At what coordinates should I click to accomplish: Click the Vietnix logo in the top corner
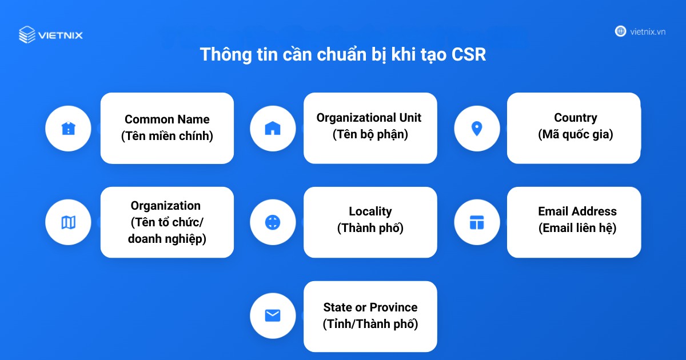coord(50,35)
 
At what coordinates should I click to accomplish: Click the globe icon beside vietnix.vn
coord(620,31)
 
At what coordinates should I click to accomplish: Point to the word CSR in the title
coord(468,55)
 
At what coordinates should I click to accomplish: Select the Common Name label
coord(167,119)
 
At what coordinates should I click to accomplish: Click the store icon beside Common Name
coord(68,129)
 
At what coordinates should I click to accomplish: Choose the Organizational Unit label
coord(369,118)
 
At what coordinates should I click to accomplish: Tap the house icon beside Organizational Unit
coord(273,129)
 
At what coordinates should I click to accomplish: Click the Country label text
coord(575,118)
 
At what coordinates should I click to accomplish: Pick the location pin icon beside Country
coord(477,129)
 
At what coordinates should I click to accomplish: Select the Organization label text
coord(166,206)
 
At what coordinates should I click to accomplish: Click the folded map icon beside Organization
coord(68,222)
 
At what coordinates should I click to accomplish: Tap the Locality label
coord(370,211)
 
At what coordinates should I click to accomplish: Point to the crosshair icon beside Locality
coord(273,222)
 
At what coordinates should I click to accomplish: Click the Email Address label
coord(577,211)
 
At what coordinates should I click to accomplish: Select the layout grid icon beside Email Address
coord(477,222)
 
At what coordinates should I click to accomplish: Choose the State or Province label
coord(370,307)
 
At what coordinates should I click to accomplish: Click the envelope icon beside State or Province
coord(273,315)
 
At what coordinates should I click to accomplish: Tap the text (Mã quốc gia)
coord(575,135)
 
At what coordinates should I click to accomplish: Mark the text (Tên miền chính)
coord(167,137)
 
